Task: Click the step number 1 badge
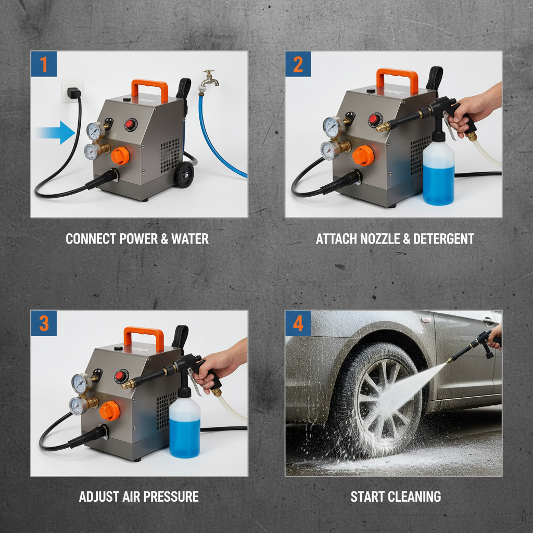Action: (44, 64)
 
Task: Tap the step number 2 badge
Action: (298, 64)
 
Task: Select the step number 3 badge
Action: (44, 323)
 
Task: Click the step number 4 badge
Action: (298, 323)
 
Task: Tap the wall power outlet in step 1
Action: (72, 93)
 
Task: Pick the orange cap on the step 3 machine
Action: (109, 410)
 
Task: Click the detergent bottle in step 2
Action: (438, 173)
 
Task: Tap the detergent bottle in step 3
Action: (185, 427)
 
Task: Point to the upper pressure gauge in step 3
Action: (80, 383)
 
